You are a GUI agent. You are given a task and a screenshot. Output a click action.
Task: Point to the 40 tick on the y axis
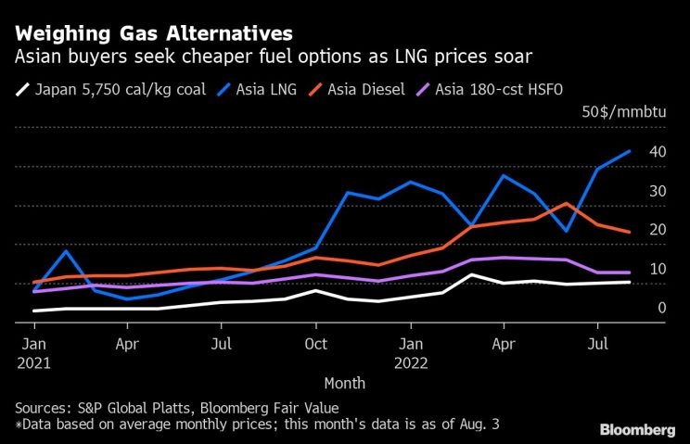point(657,151)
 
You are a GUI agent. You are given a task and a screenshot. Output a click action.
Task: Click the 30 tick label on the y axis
point(657,191)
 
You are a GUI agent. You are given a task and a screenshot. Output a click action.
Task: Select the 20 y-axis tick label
point(657,230)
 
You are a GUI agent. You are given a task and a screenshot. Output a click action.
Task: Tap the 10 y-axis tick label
point(657,269)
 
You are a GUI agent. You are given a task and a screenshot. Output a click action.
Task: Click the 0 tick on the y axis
point(661,308)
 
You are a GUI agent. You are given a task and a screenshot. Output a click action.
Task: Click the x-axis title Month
point(344,383)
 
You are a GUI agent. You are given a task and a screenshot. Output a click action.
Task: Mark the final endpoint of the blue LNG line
point(631,151)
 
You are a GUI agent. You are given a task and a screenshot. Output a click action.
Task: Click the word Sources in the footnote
point(41,408)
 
